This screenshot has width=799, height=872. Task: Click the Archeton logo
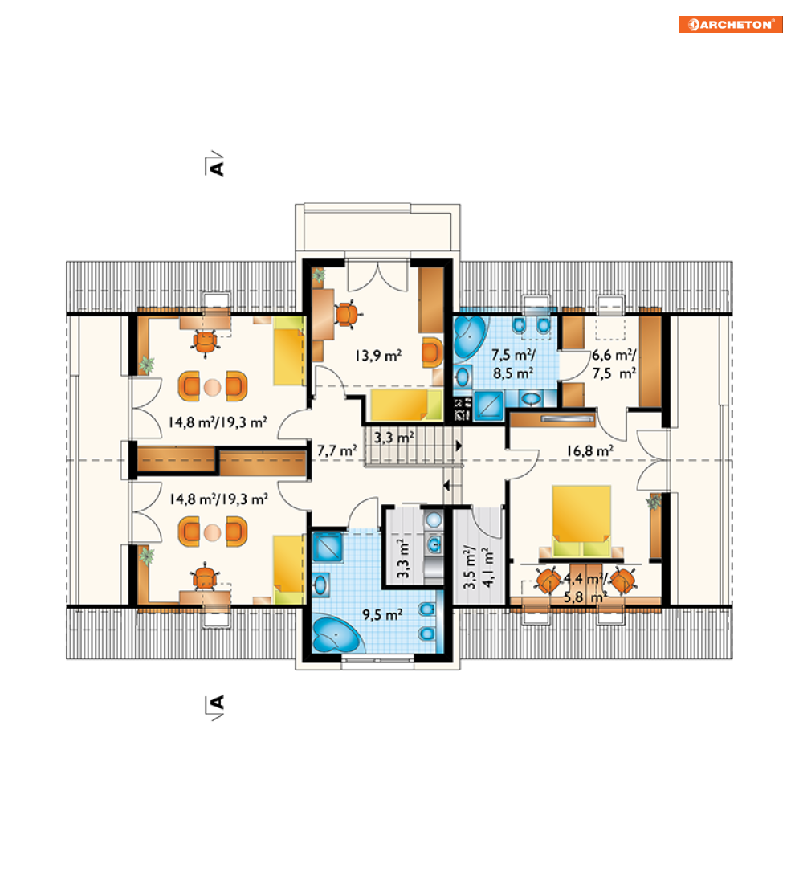[730, 24]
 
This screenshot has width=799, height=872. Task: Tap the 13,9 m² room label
[378, 356]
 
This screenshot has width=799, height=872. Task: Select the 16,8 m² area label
[589, 450]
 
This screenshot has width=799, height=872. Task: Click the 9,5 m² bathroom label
[382, 615]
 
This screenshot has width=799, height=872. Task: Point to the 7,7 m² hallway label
[336, 450]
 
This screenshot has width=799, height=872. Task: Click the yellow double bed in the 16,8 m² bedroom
[581, 521]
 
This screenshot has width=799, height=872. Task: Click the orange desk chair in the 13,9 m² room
[347, 314]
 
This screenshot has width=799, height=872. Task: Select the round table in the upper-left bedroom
[213, 387]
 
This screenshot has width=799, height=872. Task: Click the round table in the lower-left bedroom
[213, 532]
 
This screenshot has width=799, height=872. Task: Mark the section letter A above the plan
[217, 167]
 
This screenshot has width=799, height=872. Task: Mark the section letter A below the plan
[217, 703]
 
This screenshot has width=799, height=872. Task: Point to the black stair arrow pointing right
[459, 446]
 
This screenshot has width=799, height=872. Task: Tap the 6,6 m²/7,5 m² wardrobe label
[614, 365]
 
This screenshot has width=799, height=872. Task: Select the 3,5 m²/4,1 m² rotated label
[478, 567]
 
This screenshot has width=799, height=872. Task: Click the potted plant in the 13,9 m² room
[319, 275]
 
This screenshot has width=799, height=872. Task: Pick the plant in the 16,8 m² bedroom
[654, 502]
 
